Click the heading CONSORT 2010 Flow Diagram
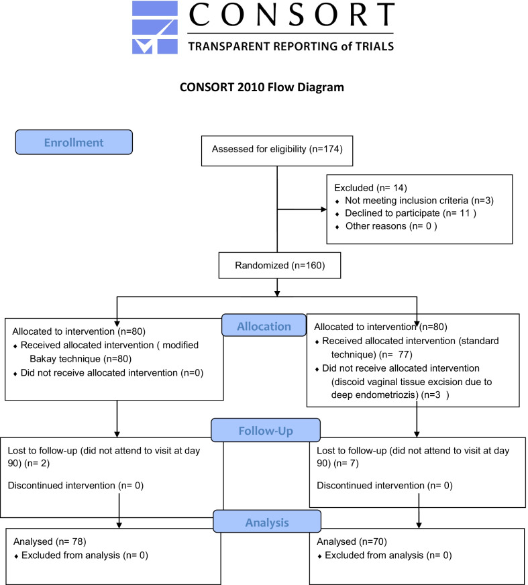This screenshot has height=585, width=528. coord(264,88)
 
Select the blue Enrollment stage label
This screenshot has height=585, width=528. coord(74,142)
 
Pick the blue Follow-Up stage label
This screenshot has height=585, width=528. coord(266,429)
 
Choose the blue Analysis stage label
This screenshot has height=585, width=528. coord(266,521)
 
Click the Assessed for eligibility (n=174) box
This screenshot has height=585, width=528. coord(278,149)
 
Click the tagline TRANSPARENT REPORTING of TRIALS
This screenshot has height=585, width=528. coord(291,46)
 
